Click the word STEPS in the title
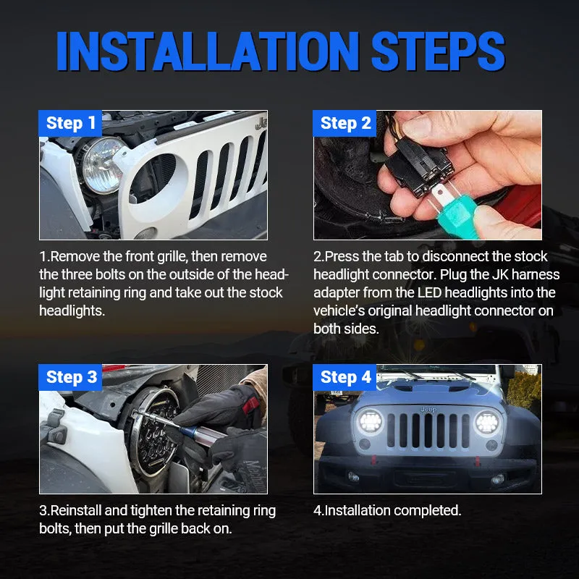point(438,51)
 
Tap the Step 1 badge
point(70,124)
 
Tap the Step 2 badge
point(345,124)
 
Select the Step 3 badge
point(70,377)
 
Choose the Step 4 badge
point(345,377)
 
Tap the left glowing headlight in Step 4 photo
point(371,422)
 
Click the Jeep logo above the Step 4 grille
point(428,409)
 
